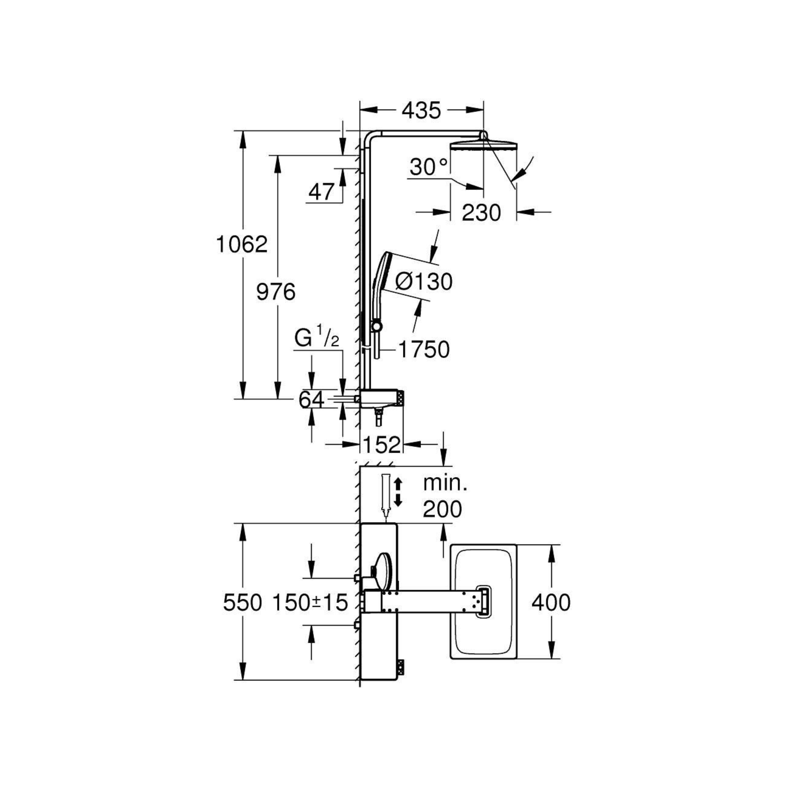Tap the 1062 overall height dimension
click(x=242, y=245)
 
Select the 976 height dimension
click(x=276, y=292)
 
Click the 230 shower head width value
click(x=481, y=212)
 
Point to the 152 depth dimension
click(x=382, y=445)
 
